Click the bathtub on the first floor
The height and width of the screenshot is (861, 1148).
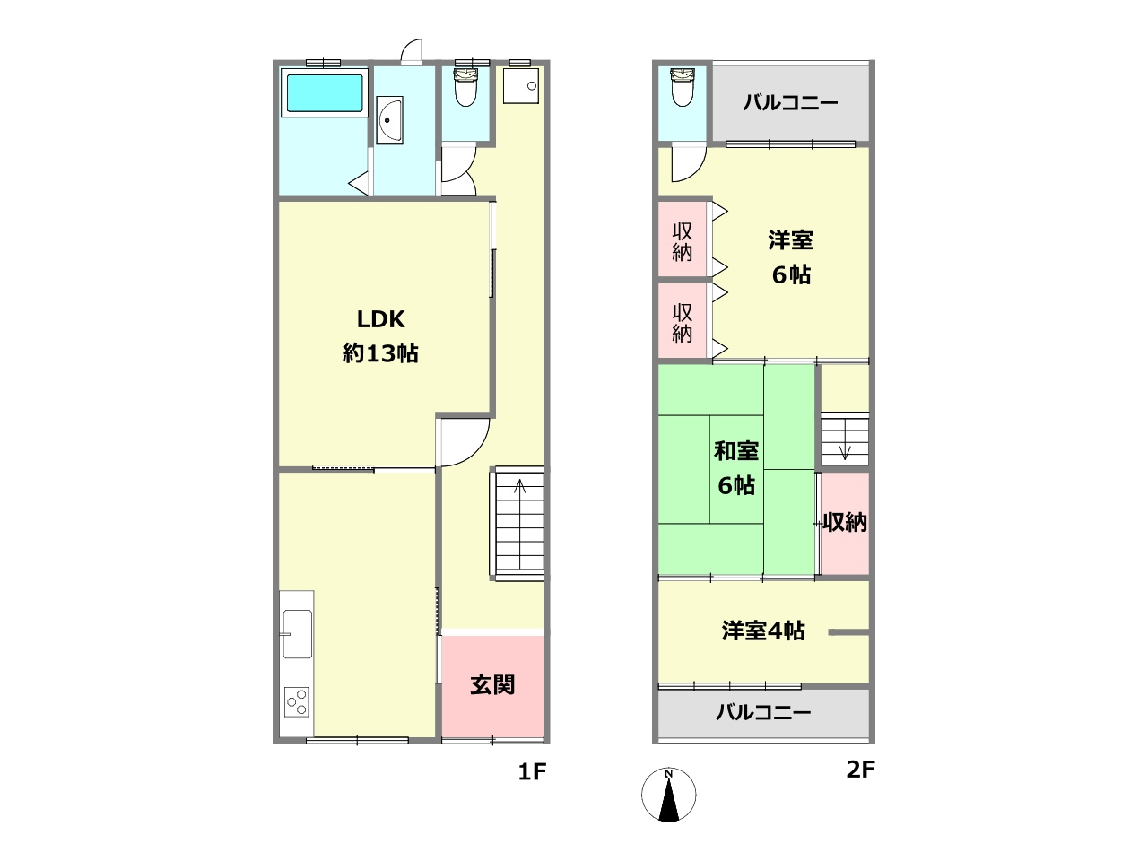coord(325,92)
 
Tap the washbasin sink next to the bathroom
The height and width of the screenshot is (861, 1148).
coord(389,120)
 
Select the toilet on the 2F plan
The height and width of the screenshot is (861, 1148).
coord(682,87)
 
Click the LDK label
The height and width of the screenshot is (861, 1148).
coord(380,319)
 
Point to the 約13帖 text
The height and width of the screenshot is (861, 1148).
coord(380,353)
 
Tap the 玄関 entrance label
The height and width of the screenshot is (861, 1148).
coord(492,685)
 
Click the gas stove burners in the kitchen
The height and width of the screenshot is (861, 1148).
coord(297,701)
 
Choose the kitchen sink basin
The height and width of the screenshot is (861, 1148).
coord(297,634)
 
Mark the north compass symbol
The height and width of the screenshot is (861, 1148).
coord(668,794)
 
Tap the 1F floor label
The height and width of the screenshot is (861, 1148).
coord(532,771)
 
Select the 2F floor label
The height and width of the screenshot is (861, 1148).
coord(860,769)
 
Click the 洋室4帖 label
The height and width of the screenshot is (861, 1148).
coord(763,631)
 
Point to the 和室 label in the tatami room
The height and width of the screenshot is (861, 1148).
coord(735,451)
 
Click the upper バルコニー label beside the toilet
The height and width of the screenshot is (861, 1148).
coord(790,102)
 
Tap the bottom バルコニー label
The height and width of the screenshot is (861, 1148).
coord(763,712)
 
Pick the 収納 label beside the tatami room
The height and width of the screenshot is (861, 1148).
coord(845,522)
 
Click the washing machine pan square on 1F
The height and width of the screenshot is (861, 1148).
coord(521,85)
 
